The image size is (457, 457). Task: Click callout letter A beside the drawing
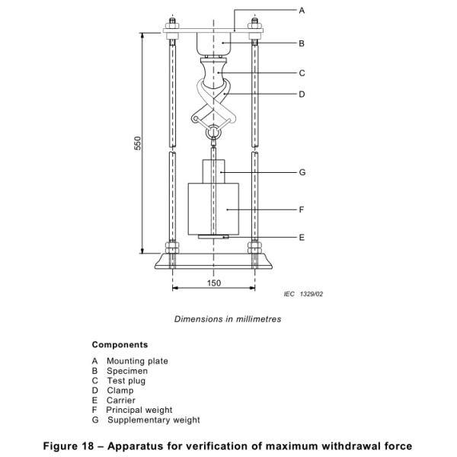coord(302,11)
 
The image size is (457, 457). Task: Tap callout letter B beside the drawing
coord(302,43)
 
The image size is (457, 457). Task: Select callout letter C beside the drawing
coord(302,74)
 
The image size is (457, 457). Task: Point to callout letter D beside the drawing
coord(302,94)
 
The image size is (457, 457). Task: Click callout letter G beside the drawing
coord(302,173)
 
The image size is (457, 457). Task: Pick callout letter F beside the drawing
coord(302,208)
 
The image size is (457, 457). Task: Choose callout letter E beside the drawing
coord(302,238)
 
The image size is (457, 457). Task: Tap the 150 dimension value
coord(214,283)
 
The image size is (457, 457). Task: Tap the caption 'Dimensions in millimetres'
coord(228,319)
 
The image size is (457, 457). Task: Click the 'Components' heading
coord(120,345)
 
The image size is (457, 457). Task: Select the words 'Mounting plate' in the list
coord(137,361)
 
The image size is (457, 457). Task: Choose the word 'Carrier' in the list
coord(121,400)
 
